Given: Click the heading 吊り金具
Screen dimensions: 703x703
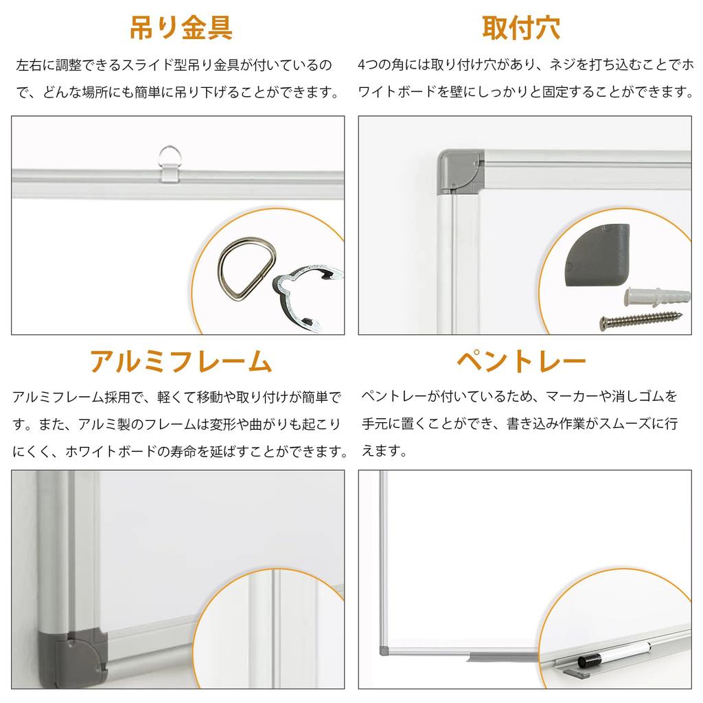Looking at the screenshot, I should (x=181, y=28).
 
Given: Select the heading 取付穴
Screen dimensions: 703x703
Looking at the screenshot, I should (x=521, y=28).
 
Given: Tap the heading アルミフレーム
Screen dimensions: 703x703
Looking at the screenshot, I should (x=181, y=360).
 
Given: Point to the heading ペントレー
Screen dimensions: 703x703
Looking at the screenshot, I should (x=521, y=360).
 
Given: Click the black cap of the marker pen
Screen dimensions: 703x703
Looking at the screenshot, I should (x=590, y=660).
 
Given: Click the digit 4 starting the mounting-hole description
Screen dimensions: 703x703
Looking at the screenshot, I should (x=362, y=66).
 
